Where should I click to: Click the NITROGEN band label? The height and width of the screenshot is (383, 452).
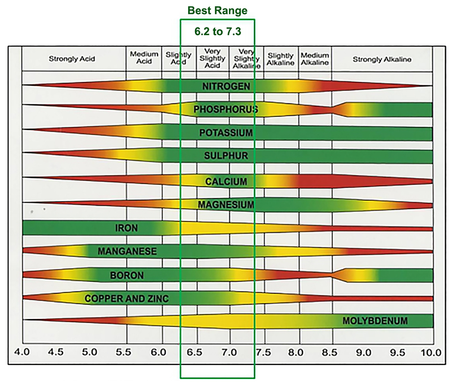[225, 86]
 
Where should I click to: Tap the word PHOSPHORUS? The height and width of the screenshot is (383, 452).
[225, 109]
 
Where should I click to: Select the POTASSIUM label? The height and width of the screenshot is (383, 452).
[225, 133]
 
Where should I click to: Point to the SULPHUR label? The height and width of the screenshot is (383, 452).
[225, 156]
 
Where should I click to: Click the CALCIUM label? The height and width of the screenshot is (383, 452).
[225, 181]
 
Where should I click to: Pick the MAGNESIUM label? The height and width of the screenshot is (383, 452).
[225, 204]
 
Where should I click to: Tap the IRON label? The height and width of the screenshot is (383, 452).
[127, 228]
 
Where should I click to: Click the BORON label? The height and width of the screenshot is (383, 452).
[127, 276]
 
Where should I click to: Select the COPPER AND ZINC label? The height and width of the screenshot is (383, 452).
[127, 298]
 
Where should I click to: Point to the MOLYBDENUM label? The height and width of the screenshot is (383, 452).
[375, 321]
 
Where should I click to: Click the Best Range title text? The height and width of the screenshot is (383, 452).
[218, 10]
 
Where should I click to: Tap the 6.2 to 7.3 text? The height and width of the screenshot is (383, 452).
[217, 32]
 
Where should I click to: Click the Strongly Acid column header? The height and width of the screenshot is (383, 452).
[72, 59]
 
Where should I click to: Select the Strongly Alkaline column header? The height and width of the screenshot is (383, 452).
[382, 59]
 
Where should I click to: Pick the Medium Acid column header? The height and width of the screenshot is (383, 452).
[144, 58]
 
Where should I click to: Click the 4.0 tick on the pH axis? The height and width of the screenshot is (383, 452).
[21, 352]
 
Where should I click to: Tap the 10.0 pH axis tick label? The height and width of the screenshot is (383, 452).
[431, 352]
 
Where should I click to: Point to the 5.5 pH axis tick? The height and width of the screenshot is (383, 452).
[124, 352]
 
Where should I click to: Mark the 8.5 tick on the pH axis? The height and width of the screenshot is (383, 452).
[329, 352]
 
